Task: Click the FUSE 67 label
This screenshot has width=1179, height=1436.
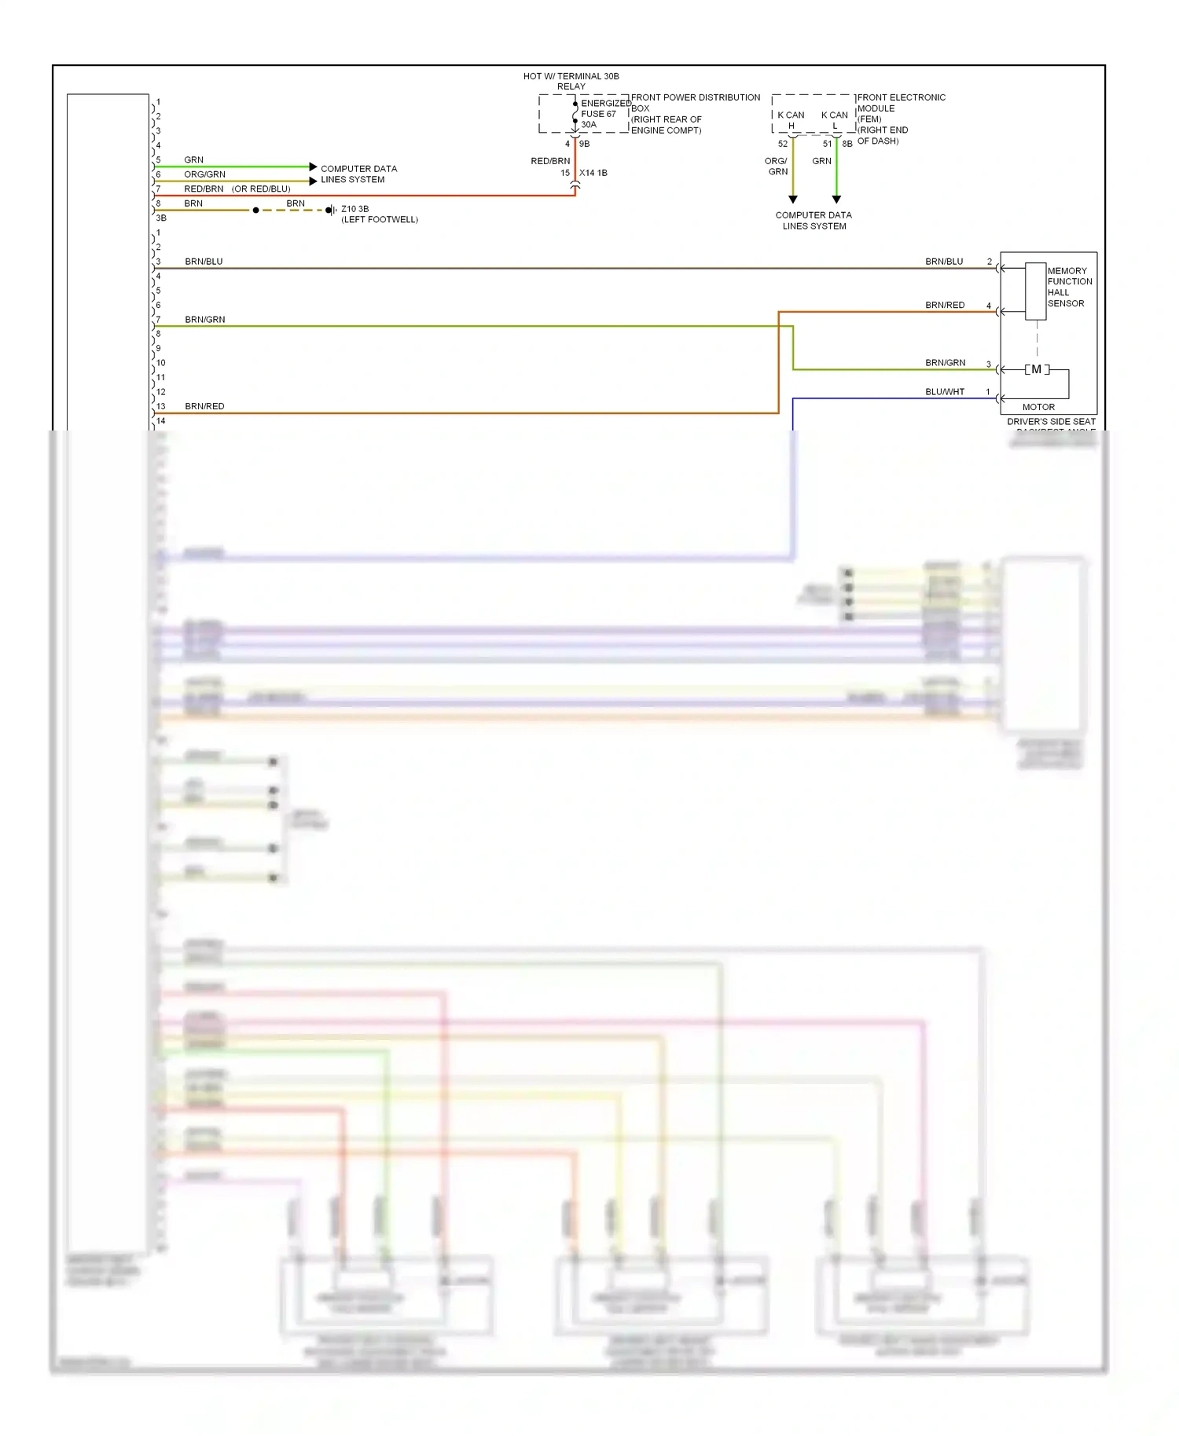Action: coord(598,114)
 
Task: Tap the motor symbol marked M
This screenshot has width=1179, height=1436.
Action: coord(1037,369)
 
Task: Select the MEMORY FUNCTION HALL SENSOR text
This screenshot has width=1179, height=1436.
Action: coord(1068,287)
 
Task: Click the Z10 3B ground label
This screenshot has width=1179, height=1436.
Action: coord(354,209)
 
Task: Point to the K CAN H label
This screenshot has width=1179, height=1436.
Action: coord(791,119)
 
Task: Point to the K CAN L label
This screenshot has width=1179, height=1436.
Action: coord(834,119)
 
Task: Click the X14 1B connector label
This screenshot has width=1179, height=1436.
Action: coord(593,173)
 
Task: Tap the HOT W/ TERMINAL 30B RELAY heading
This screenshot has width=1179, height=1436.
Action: coord(571,81)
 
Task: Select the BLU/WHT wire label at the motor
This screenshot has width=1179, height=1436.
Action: coord(944,391)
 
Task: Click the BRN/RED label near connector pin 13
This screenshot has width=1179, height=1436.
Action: coord(204,406)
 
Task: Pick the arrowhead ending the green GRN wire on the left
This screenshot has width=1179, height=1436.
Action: coord(313,167)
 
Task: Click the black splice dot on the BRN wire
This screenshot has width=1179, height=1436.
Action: coord(255,210)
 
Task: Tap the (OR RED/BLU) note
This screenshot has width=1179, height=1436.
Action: coord(261,189)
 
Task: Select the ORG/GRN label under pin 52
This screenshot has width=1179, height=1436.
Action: coord(777,166)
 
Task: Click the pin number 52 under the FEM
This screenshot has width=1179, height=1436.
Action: coord(782,144)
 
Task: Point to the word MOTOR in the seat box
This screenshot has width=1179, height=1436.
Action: coord(1038,407)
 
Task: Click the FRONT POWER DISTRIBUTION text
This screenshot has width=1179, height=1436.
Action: coord(695,97)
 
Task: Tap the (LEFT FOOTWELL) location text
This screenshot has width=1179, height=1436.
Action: coord(379,220)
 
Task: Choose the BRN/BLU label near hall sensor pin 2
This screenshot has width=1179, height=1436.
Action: coord(943,262)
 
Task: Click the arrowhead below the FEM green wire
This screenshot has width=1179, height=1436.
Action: coord(836,200)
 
